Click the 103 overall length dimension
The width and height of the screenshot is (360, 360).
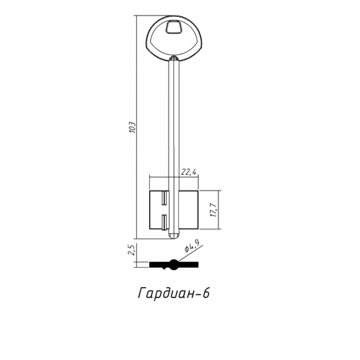[132, 127]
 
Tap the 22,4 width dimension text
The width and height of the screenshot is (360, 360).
[189, 172]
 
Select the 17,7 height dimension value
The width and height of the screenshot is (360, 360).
[213, 210]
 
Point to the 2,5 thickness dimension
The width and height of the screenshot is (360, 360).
[131, 250]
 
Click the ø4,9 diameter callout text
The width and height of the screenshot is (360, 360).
[192, 246]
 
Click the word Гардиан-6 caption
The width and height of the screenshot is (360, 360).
[174, 293]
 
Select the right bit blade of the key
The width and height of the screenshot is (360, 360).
[189, 210]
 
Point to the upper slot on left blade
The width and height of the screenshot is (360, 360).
[164, 198]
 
